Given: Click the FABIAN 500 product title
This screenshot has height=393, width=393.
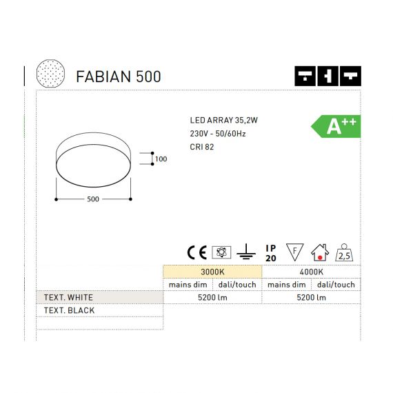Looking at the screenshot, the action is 119,77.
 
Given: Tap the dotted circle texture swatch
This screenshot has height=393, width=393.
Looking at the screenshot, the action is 50,74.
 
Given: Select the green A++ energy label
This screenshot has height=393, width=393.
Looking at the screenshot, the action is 336,126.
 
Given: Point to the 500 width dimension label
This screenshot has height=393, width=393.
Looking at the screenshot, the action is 93,199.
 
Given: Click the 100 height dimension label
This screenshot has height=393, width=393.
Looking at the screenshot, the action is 161,159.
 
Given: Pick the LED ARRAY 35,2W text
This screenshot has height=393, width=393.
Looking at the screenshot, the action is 224,120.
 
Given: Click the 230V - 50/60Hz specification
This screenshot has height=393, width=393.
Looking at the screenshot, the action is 218,134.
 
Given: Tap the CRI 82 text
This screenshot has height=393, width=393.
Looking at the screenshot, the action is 202,147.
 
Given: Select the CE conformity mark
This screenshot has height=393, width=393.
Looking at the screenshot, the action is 197,252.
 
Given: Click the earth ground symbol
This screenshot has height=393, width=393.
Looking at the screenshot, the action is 246,252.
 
